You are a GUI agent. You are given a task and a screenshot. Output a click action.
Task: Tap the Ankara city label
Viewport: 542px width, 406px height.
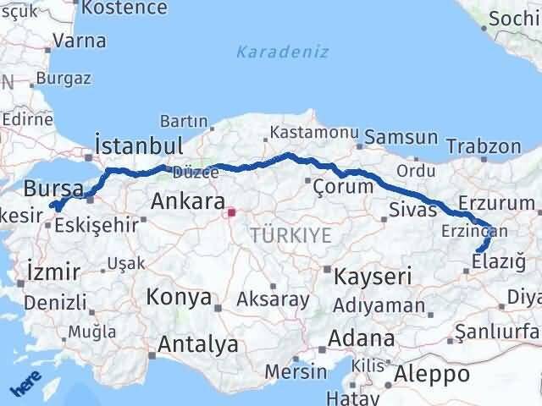[x=187, y=201]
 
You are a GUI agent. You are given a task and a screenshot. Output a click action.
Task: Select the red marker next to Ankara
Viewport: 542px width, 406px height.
[x=232, y=213]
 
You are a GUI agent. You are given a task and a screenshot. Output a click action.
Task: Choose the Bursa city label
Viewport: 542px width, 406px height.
[x=53, y=187]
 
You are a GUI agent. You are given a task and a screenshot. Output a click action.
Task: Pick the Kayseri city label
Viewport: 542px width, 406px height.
[x=372, y=276]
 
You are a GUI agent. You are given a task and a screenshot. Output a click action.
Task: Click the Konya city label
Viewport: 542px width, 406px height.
[x=179, y=297]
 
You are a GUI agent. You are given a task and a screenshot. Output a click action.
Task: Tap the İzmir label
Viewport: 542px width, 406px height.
[x=53, y=272]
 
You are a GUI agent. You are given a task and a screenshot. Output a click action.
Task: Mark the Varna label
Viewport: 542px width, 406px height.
[x=79, y=40]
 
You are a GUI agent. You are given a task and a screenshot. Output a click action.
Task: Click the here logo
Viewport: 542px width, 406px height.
[x=25, y=385]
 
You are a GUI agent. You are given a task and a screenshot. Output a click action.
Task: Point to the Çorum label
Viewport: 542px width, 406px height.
[x=342, y=186]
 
